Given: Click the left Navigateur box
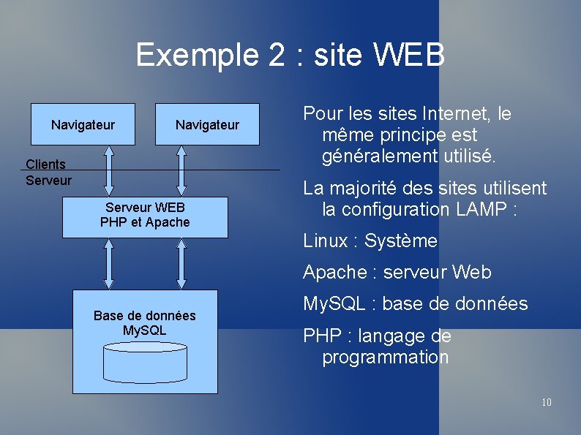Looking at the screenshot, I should point(83,125).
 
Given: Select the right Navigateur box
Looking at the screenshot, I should point(207,125).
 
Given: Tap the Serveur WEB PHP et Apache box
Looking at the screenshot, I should point(145,216).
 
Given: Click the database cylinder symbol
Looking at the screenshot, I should point(145,360).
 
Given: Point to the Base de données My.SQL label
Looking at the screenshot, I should point(145,323).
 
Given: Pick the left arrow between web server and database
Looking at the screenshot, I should point(109,264).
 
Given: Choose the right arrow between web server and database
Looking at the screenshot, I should point(182,264).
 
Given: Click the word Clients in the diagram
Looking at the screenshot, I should point(45,164).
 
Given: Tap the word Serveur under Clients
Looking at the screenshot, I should point(48,180).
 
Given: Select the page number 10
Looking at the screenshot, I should point(546,402).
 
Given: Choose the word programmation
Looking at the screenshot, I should point(385,358).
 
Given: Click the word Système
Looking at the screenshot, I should point(401,241).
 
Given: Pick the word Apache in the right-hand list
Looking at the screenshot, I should point(335,273).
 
